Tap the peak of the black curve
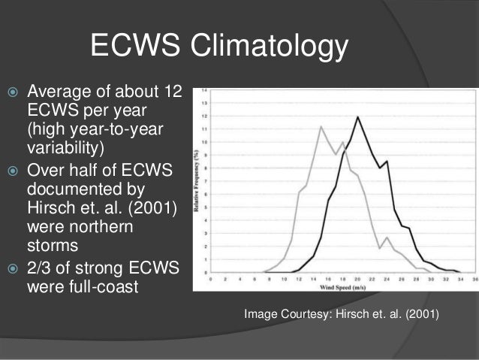coord(358,116)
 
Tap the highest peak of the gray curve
coord(321,126)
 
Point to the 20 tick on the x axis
coord(358,278)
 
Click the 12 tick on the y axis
coord(205,116)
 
